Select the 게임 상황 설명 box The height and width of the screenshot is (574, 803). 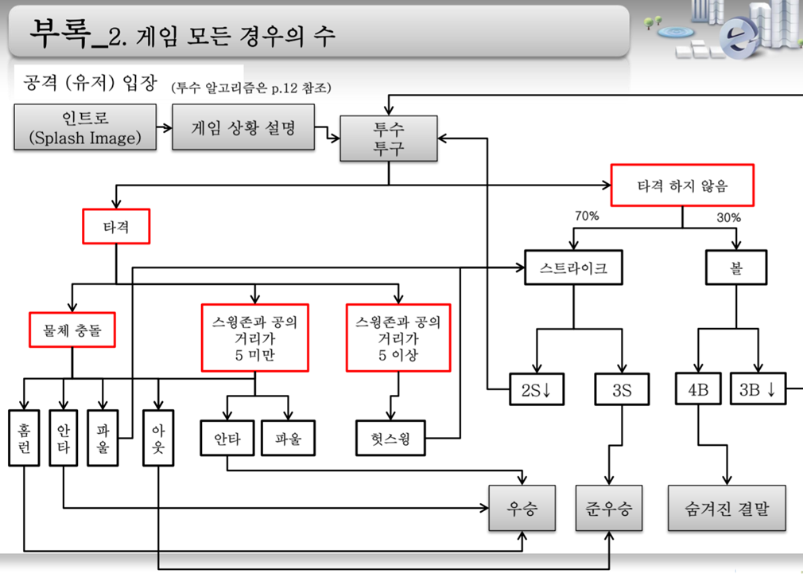click(x=243, y=127)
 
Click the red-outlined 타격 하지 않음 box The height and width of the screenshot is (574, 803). click(x=681, y=186)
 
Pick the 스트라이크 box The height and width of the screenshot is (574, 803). click(x=572, y=268)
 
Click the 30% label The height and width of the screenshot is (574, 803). click(x=728, y=217)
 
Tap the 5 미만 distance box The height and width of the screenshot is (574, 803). click(x=255, y=338)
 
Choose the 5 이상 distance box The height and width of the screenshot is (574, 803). click(x=398, y=338)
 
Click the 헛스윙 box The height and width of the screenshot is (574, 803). click(x=390, y=437)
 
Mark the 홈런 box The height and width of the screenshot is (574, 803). click(x=24, y=438)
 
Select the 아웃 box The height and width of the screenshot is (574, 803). click(x=157, y=438)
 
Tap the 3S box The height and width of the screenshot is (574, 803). click(x=622, y=389)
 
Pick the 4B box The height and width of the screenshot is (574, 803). click(x=698, y=389)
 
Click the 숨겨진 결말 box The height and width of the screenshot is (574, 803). click(x=727, y=508)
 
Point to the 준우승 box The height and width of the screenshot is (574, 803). click(x=609, y=508)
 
